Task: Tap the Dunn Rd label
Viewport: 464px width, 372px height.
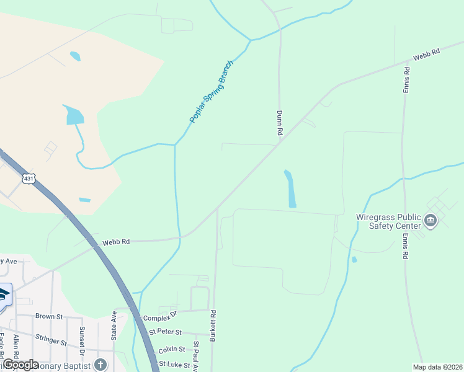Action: pos(280,123)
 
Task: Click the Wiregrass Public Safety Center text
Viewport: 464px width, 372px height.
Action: pos(389,221)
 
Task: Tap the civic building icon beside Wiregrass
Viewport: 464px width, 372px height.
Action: pos(431,220)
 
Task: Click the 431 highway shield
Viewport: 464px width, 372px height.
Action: pos(29,179)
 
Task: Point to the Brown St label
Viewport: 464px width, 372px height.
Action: pos(49,316)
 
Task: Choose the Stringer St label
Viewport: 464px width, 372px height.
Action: pos(51,340)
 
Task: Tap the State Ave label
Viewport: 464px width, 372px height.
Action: pos(114,325)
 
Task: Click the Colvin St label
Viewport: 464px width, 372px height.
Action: pos(172,350)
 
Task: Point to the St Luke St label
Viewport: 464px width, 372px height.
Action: pos(174,365)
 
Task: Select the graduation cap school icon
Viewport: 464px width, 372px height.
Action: pos(4,294)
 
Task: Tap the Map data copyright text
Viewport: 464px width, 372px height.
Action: pos(437,367)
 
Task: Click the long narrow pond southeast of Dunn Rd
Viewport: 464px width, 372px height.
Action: pos(290,189)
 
